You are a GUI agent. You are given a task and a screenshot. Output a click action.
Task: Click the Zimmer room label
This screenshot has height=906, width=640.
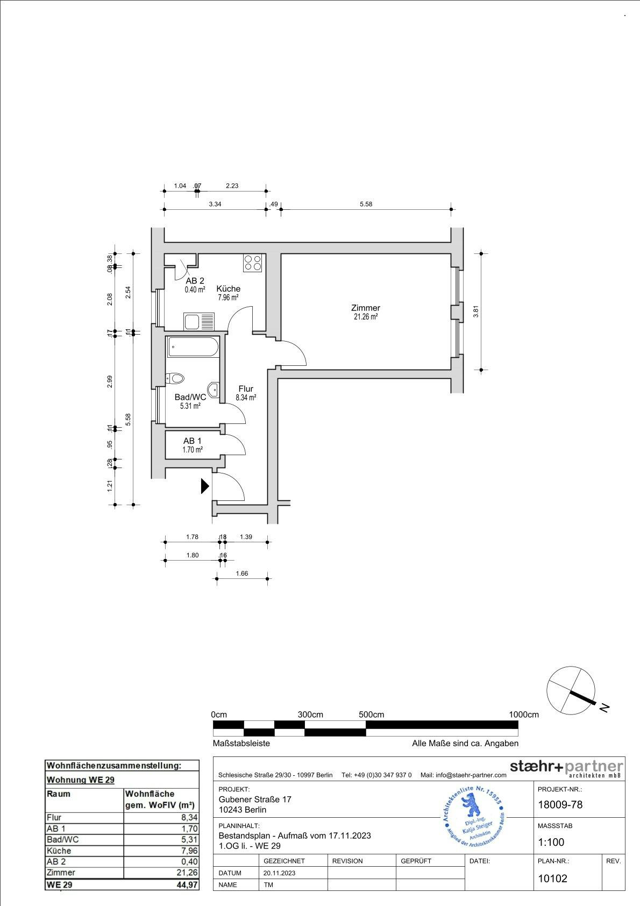tap(365, 308)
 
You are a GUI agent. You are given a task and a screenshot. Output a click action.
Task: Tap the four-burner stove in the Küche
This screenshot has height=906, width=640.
tap(252, 262)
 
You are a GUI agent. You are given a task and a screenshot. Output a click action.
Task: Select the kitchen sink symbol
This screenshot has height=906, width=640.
tap(199, 322)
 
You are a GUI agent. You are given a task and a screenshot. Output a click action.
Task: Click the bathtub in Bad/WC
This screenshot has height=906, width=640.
tap(193, 347)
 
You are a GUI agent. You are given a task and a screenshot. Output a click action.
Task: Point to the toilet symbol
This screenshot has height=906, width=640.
tap(175, 378)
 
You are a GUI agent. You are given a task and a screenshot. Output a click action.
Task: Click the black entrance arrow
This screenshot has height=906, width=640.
tap(204, 486)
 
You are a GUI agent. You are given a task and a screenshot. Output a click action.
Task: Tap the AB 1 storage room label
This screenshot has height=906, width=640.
tap(192, 441)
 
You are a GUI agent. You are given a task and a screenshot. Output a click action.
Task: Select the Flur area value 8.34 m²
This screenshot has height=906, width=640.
tap(246, 398)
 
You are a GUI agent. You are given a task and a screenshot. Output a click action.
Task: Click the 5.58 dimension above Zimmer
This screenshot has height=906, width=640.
tap(366, 204)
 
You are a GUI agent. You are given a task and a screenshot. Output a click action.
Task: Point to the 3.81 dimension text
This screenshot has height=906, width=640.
tap(475, 312)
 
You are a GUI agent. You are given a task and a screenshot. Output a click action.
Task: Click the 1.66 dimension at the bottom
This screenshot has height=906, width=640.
tap(242, 574)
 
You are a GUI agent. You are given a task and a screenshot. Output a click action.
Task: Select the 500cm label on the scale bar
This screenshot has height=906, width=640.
tap(372, 714)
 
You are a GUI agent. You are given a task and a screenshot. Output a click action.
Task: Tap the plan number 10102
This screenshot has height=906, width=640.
tap(552, 879)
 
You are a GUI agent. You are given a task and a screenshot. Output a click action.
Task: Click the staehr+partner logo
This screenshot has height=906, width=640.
tap(566, 768)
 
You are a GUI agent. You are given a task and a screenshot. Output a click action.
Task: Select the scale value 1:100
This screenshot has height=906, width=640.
tap(551, 843)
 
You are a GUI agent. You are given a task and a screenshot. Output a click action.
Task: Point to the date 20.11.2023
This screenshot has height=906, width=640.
tap(279, 873)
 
